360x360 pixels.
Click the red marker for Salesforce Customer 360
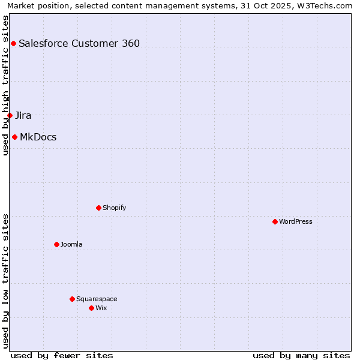point(13,43)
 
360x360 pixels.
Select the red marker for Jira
point(10,115)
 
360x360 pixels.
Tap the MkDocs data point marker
point(14,137)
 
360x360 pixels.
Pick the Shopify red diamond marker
point(98,208)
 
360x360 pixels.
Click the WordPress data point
point(275,221)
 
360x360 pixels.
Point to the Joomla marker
point(56,244)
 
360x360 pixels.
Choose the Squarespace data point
point(72,299)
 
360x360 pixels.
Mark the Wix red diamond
point(91,308)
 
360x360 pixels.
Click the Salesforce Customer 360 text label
point(79,43)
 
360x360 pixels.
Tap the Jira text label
point(23,115)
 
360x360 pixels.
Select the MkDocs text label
point(38,137)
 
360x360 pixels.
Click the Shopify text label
point(115,208)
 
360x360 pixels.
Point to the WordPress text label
point(296,221)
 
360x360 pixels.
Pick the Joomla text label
point(71,244)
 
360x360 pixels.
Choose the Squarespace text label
point(97,299)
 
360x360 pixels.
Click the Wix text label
point(101,308)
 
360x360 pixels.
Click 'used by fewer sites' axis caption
point(62,355)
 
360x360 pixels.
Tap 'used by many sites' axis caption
point(301,355)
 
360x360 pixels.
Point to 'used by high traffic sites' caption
point(5,85)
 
